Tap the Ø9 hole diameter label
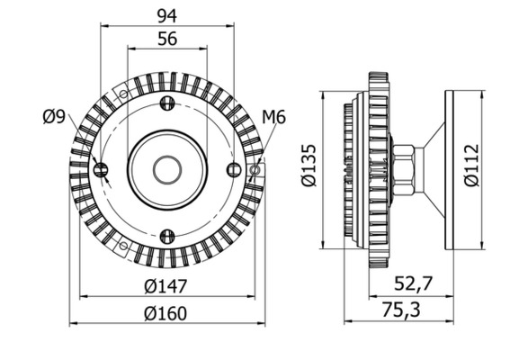(x=54, y=115)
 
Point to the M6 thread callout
(x=273, y=117)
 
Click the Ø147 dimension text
(x=166, y=286)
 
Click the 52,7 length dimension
(x=415, y=283)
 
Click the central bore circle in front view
(x=166, y=169)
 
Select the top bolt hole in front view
(x=166, y=103)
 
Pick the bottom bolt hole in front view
(x=166, y=236)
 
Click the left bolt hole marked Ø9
(x=101, y=169)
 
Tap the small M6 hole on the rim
(x=255, y=169)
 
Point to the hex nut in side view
(x=403, y=169)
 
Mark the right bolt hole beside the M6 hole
(x=233, y=169)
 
